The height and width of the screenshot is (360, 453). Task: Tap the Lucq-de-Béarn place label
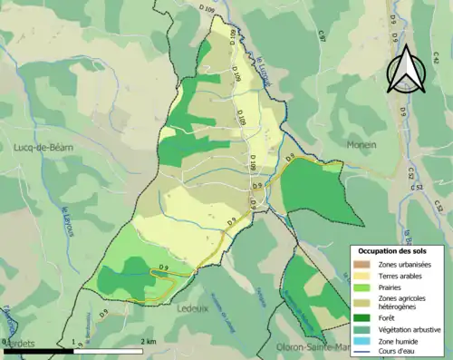pos(43,146)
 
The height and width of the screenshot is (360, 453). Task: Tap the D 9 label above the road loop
pos(165,266)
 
